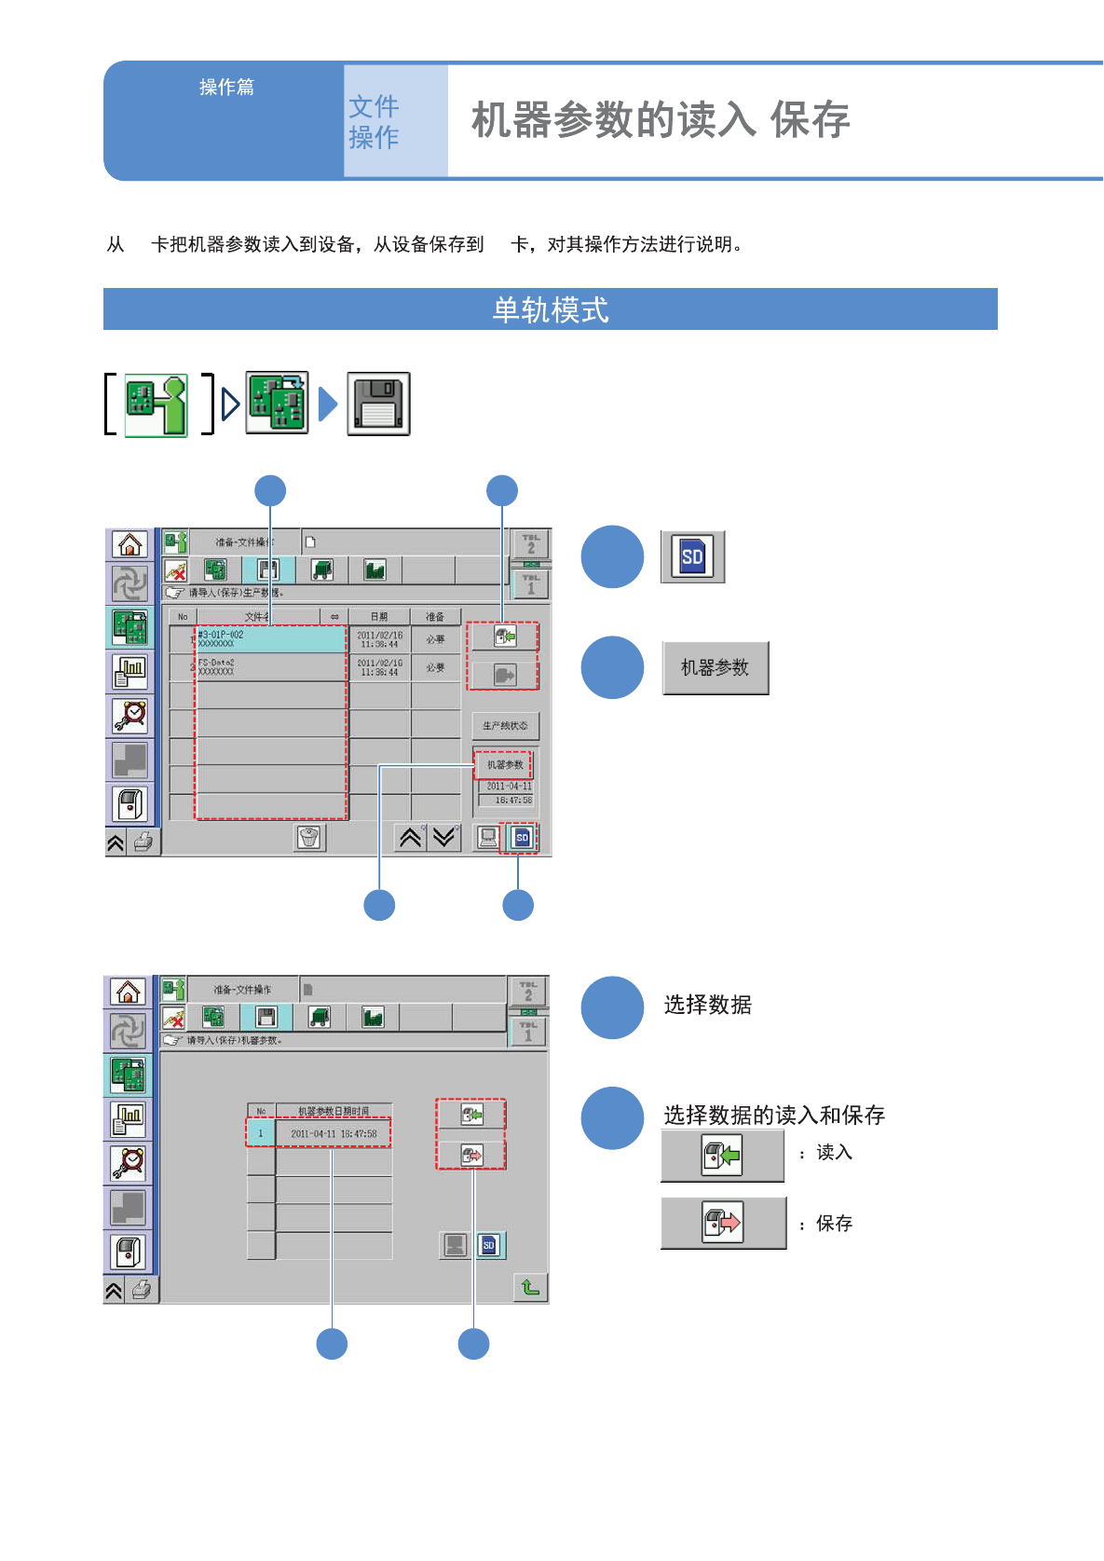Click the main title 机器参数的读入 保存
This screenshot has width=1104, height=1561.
click(660, 120)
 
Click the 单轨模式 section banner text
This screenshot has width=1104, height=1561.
click(550, 309)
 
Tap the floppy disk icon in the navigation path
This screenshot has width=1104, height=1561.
click(378, 404)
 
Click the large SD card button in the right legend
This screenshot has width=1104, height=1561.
click(692, 557)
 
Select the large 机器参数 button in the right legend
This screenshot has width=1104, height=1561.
click(715, 667)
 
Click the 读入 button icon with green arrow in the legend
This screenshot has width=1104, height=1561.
click(722, 1157)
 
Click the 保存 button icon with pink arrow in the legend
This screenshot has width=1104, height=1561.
click(722, 1223)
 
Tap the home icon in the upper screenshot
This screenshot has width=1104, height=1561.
click(130, 544)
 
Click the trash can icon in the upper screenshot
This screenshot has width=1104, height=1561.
click(309, 838)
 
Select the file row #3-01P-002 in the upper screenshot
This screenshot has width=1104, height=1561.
click(270, 639)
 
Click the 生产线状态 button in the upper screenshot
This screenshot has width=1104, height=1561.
click(505, 726)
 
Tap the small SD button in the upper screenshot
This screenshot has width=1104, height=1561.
click(522, 838)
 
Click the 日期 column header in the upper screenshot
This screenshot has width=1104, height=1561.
click(379, 617)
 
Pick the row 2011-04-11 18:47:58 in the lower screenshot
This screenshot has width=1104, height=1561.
click(333, 1134)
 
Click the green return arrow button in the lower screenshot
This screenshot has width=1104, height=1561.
click(530, 1287)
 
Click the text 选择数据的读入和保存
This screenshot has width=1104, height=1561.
click(773, 1115)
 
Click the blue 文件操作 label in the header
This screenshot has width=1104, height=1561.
click(374, 121)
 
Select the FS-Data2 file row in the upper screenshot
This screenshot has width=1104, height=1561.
click(270, 667)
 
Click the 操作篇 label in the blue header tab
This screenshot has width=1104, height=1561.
click(226, 88)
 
